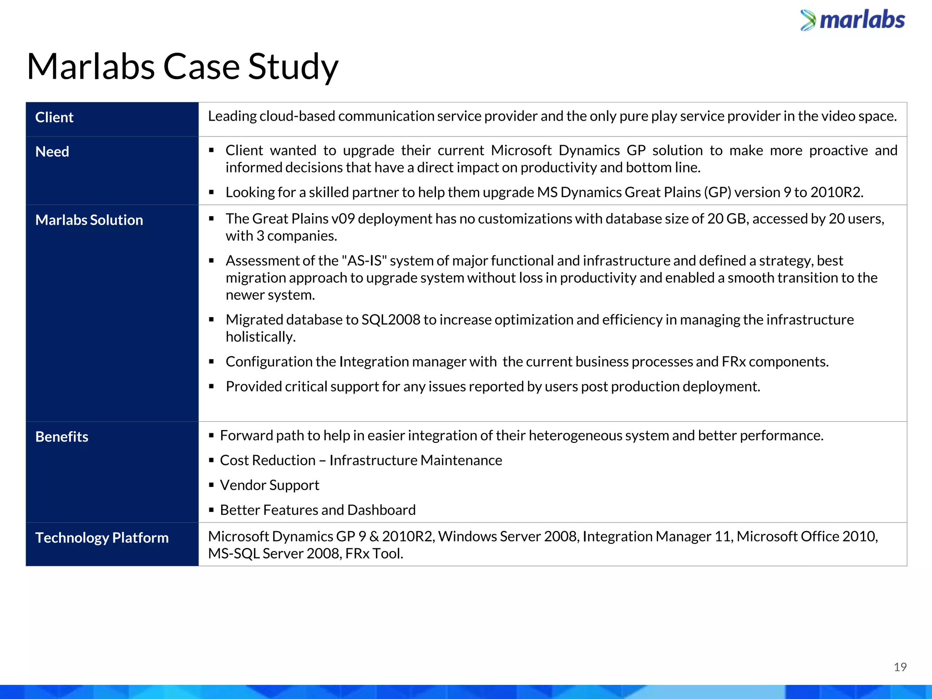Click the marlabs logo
tap(853, 20)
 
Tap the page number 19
tap(900, 667)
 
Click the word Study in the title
tap(293, 67)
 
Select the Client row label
tap(54, 117)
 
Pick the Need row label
tap(52, 152)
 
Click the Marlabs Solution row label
tap(89, 220)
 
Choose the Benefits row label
tap(62, 437)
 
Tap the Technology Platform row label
tap(102, 538)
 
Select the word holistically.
tap(260, 337)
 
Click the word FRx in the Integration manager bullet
tap(733, 362)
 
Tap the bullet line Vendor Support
tap(269, 485)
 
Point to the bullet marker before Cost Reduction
tap(211, 461)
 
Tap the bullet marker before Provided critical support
tap(211, 387)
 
